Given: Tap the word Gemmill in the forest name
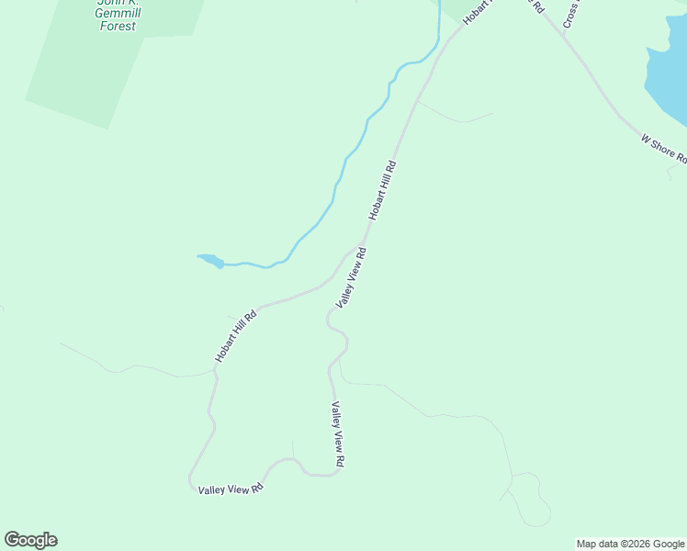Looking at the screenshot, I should click(x=118, y=13).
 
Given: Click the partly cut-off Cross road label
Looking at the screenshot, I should click(x=571, y=13).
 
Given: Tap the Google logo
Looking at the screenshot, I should click(x=30, y=540).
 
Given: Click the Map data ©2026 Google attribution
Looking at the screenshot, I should click(x=631, y=544).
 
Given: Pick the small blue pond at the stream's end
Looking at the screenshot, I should click(x=210, y=261).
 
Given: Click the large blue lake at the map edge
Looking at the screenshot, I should click(x=669, y=73).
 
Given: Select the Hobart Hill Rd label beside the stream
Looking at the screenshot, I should click(x=382, y=191).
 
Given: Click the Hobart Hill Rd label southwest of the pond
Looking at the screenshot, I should click(x=235, y=336).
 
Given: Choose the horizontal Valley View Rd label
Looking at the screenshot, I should click(x=231, y=489).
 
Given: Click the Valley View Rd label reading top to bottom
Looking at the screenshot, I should click(x=338, y=434).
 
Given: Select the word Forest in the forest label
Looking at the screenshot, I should click(x=118, y=26).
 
